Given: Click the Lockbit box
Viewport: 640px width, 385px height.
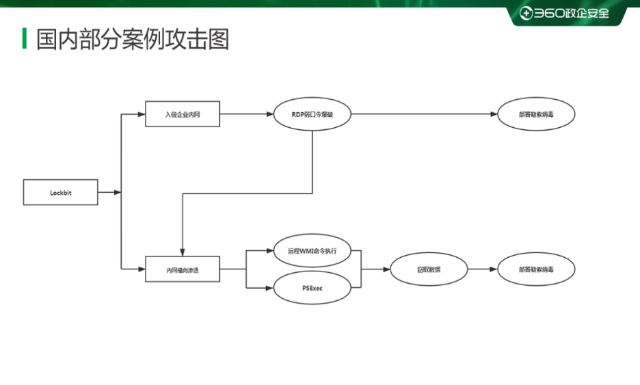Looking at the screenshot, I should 60,193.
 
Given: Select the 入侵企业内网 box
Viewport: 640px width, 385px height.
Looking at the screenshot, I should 182,114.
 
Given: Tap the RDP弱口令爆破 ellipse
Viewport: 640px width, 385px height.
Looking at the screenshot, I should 312,114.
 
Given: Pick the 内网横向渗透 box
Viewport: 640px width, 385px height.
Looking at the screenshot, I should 182,269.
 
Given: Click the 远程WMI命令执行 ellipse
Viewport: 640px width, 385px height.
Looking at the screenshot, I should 312,251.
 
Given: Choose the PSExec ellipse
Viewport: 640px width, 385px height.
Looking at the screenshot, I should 312,288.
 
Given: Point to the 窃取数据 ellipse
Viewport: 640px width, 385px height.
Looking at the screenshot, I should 429,269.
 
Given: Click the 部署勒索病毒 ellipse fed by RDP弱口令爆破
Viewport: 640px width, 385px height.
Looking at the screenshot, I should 536,114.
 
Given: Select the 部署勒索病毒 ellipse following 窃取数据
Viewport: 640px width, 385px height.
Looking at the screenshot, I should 536,269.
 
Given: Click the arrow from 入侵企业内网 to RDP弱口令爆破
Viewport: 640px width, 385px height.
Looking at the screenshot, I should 246,114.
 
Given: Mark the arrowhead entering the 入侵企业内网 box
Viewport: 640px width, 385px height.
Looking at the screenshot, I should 142,114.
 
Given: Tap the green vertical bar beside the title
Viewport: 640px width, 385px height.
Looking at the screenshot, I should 25,39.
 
